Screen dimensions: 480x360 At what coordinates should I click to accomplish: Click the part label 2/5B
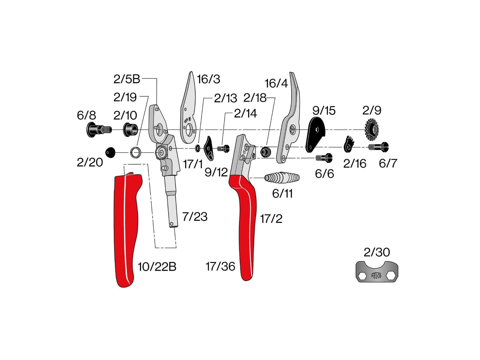click(x=127, y=79)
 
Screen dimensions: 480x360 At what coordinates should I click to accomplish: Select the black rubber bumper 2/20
click(x=110, y=152)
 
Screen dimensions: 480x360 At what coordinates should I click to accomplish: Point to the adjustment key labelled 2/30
click(x=377, y=272)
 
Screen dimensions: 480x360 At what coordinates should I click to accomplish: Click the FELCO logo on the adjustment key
click(x=376, y=275)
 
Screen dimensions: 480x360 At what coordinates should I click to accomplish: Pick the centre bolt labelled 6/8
click(x=99, y=130)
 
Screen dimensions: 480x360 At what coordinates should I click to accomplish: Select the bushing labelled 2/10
click(x=131, y=130)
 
